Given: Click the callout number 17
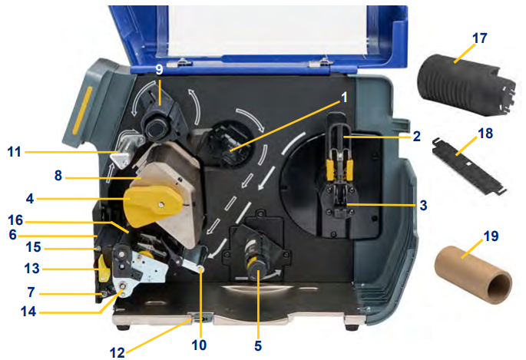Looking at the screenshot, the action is [479, 38].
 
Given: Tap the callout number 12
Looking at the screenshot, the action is [117, 352].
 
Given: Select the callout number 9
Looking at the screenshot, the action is [159, 69].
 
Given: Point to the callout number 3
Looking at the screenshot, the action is [423, 205].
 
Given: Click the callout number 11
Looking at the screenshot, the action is [14, 152].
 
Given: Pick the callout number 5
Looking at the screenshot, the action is [258, 345].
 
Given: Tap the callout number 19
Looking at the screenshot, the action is [491, 236].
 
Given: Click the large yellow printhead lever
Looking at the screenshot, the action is [153, 205].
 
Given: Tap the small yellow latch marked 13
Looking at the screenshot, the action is [104, 268].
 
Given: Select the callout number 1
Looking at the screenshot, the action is [344, 97].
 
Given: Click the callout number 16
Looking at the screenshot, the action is [16, 220].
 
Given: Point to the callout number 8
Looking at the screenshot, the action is [58, 175].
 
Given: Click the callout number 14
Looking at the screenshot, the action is [28, 312].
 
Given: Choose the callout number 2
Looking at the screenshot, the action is [416, 137].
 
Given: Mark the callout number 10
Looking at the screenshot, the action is [199, 345].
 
